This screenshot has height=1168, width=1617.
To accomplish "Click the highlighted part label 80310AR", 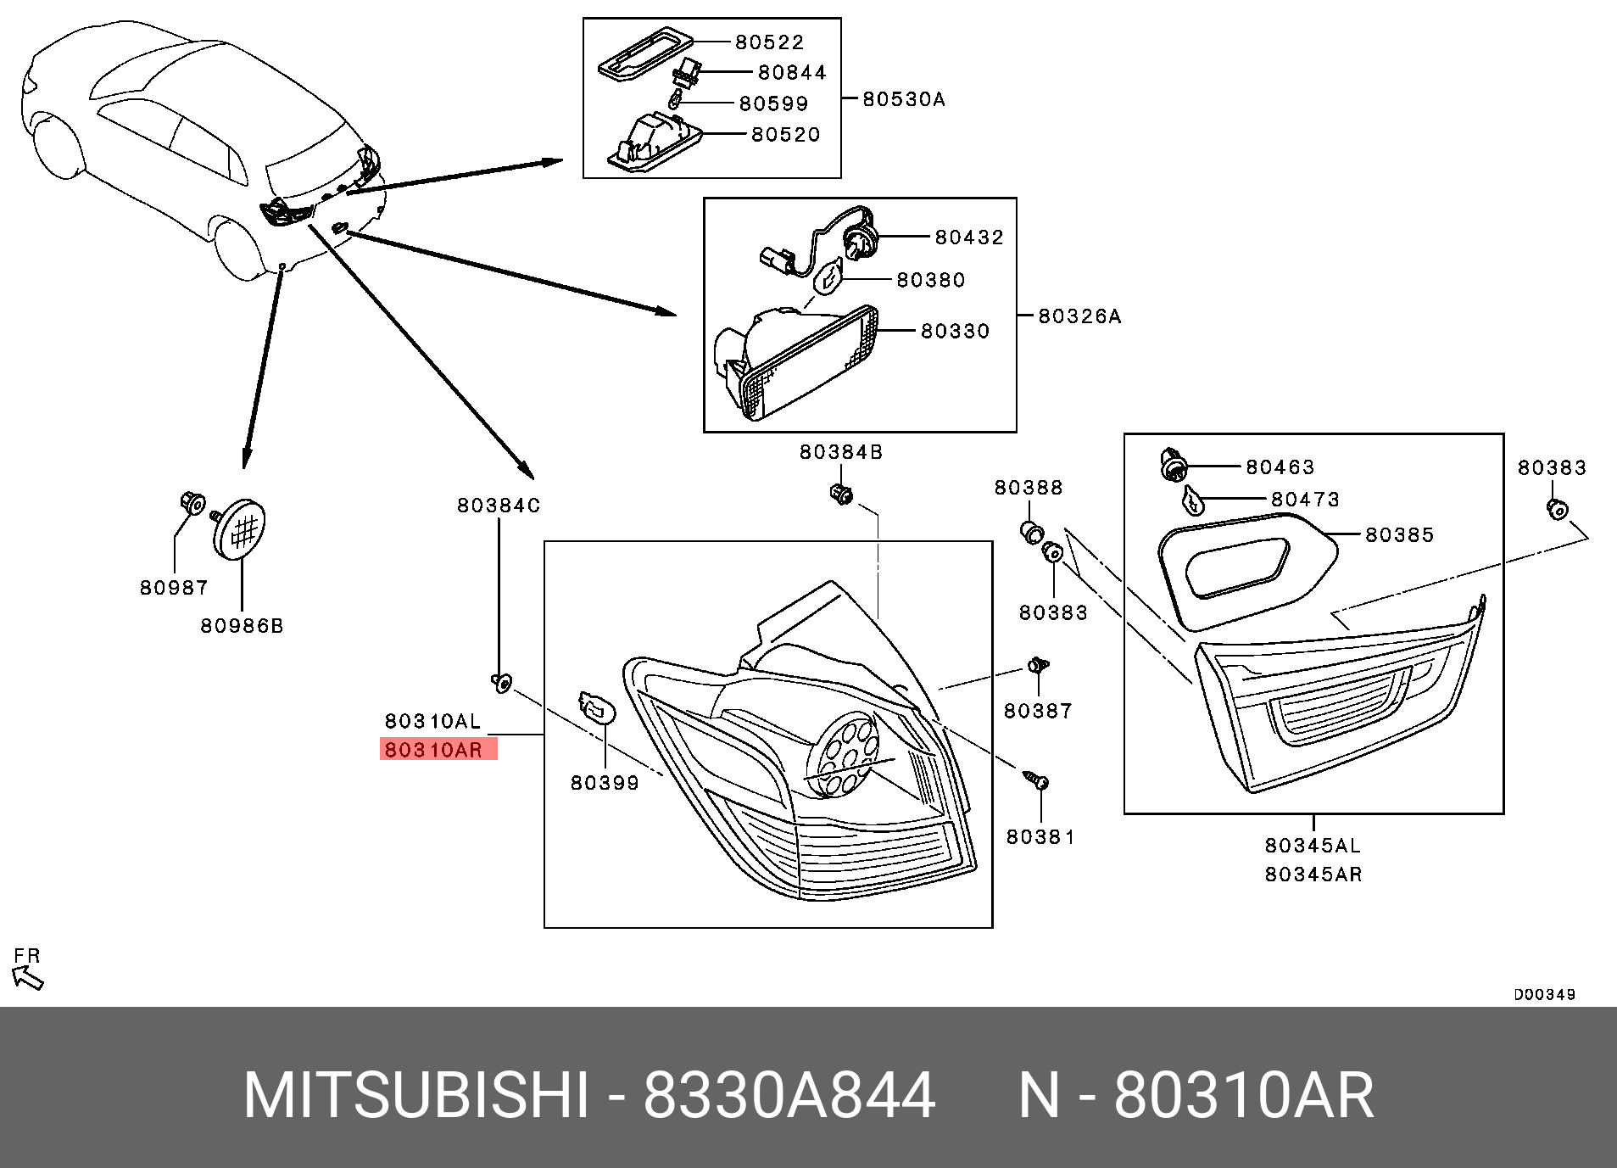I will [x=434, y=750].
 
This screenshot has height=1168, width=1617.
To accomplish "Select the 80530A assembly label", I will [x=903, y=99].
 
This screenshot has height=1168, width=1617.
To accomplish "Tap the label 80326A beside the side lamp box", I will [x=1079, y=316].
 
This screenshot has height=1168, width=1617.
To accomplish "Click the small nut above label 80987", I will [x=191, y=504].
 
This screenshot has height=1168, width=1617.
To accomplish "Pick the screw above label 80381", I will [x=1036, y=780].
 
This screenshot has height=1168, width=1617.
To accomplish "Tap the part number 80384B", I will [x=840, y=452].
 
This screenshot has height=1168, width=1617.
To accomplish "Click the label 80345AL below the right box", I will [x=1312, y=846].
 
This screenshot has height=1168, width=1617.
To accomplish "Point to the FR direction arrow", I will [x=29, y=979].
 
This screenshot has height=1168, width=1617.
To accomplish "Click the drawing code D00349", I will [x=1544, y=994].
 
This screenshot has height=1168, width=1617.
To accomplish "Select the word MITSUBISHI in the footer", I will [x=415, y=1096].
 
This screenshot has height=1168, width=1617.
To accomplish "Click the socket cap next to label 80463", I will [x=1173, y=467].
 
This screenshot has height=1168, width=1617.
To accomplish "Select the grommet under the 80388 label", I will [x=1030, y=534].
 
